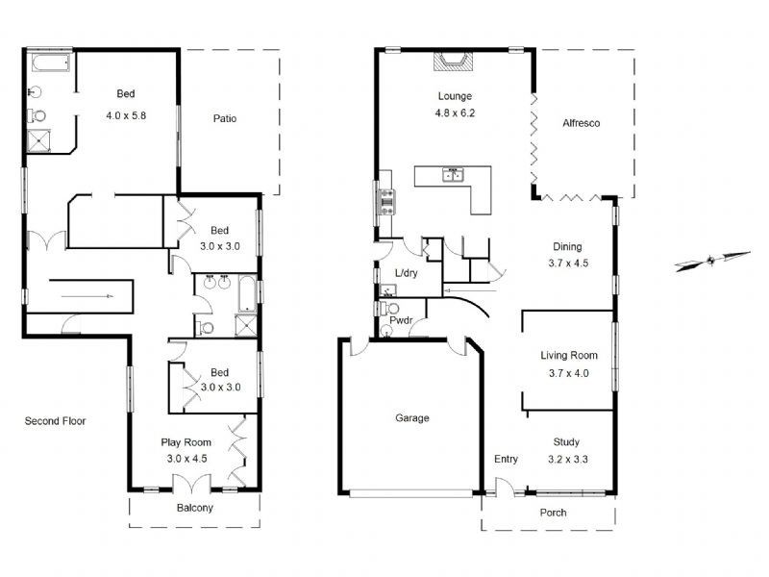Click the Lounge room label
pos(455,95)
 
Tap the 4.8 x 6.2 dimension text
pos(457,113)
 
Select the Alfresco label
pos(581,123)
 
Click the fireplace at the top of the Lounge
pos(450,62)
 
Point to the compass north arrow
pos(711,261)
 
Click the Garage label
pos(411,418)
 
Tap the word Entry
pos(506,459)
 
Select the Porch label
pos(553,513)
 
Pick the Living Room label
pos(567,355)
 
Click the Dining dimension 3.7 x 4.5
pos(567,263)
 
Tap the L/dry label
pos(406,273)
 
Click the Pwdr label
pos(401,319)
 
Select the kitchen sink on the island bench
pos(452,175)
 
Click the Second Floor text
pos(55,420)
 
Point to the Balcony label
pos(195,508)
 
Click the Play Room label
pos(186,442)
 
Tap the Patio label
pos(225,119)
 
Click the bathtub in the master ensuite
pos(49,64)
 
